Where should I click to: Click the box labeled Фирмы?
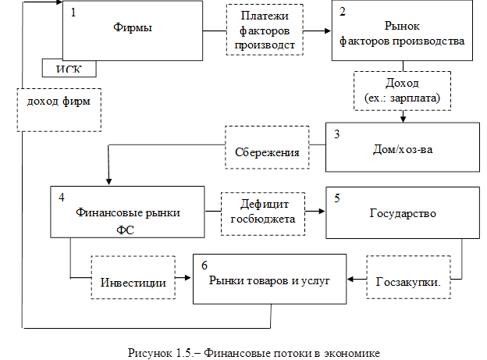pos(133,30)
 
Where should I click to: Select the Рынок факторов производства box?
pos(403,31)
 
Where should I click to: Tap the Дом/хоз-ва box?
pos(400,147)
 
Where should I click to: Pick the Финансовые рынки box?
pos(127,212)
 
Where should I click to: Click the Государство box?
pos(401,212)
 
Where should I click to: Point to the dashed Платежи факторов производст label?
pos(261,30)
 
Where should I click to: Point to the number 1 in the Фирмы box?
pos(73,13)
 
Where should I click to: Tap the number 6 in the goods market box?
pos(204,266)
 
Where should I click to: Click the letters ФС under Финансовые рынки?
pos(125,229)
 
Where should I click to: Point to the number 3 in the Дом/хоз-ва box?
pos(336,134)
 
